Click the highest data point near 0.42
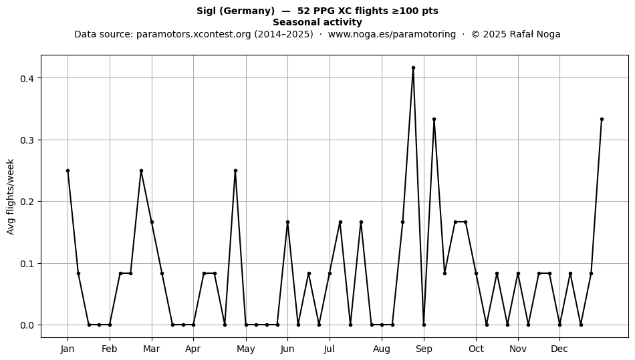coord(413,68)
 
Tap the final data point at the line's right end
coord(602,120)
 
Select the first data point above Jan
coord(68,171)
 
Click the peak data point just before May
coord(235,171)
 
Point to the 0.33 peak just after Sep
coord(434,120)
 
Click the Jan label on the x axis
coord(68,349)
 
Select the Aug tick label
coord(382,349)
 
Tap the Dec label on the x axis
coord(559,349)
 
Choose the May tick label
coord(246,349)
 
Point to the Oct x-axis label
coord(476,349)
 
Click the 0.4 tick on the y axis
coord(27,78)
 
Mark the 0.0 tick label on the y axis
coord(27,325)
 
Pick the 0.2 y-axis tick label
coord(27,202)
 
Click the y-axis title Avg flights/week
coord(11,196)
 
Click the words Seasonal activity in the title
coord(317,22)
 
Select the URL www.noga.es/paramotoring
coord(392,34)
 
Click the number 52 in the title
coord(303,11)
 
